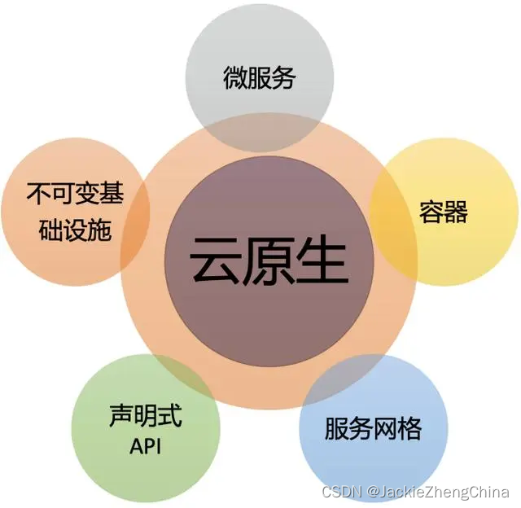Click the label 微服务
[260, 78]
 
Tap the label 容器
[444, 213]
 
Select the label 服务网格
[373, 429]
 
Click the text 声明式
[146, 417]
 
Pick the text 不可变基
[75, 195]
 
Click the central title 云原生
[269, 260]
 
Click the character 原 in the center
[269, 260]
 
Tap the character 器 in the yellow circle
[456, 213]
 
